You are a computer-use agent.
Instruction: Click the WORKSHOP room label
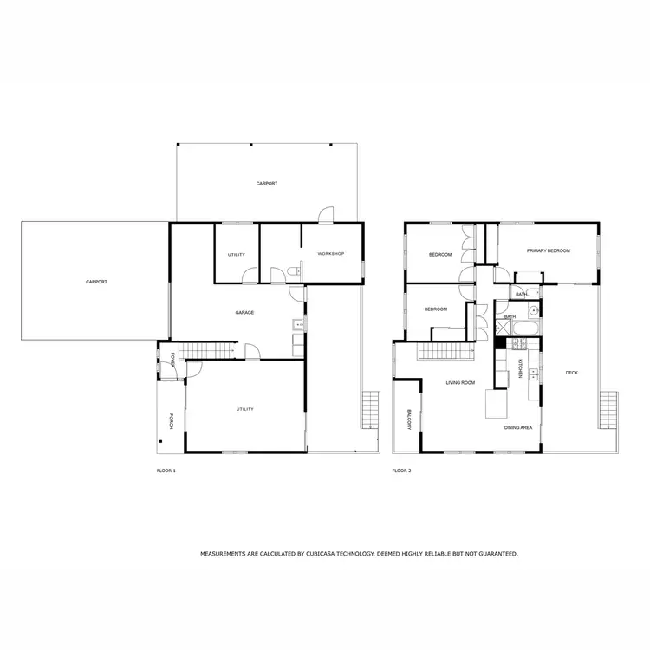[x=330, y=253]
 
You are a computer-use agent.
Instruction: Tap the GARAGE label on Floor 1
[x=244, y=312]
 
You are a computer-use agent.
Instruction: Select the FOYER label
[x=172, y=360]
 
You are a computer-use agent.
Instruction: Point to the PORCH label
[x=172, y=420]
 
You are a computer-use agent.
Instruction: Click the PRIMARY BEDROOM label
[x=549, y=250]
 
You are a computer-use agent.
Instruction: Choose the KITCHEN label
[x=520, y=368]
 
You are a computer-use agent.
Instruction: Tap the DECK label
[x=571, y=373]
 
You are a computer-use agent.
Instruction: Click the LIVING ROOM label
[x=460, y=382]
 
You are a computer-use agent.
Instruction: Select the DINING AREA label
[x=518, y=427]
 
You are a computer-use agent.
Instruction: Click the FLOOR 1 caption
[x=166, y=471]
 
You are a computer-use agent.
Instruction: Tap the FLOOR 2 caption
[x=401, y=471]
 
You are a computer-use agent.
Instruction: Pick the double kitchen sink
[x=534, y=374]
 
